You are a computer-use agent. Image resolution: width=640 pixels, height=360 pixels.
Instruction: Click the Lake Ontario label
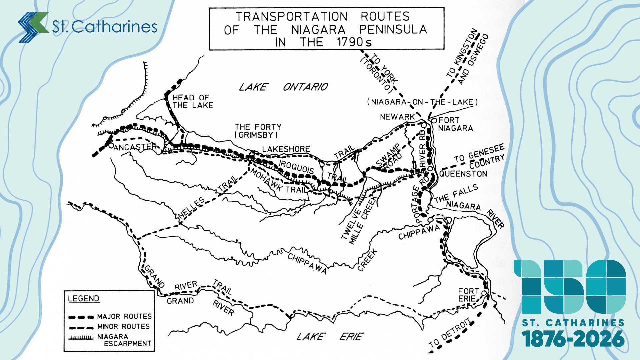click(284, 87)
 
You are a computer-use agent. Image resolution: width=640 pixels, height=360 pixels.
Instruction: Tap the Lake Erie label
click(330, 337)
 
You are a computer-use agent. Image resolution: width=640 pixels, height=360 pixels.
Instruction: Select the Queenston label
click(463, 174)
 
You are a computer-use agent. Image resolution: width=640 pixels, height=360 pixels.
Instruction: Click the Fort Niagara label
click(455, 124)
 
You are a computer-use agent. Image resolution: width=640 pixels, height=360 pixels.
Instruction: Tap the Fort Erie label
click(468, 295)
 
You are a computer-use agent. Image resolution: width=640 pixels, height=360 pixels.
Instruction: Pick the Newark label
click(397, 117)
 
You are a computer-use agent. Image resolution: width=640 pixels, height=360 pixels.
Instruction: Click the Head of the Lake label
click(192, 101)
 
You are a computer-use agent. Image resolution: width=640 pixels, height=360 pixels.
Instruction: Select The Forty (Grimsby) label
click(258, 131)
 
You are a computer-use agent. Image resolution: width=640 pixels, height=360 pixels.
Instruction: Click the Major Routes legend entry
click(124, 316)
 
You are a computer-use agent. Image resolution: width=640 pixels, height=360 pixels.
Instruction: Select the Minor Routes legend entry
click(123, 326)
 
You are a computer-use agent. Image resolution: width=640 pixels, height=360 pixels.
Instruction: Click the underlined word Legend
click(83, 299)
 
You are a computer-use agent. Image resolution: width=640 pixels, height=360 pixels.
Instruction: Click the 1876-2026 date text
click(573, 339)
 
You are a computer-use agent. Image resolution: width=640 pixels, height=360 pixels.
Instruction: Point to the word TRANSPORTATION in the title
click(292, 16)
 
